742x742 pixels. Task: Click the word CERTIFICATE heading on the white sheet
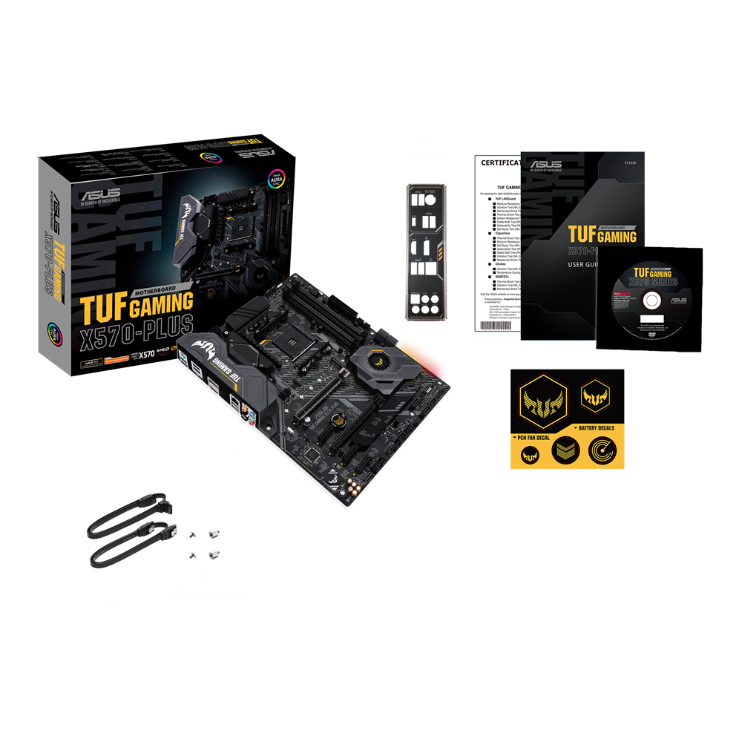[x=502, y=162]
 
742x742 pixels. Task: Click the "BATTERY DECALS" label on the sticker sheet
[x=597, y=430]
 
